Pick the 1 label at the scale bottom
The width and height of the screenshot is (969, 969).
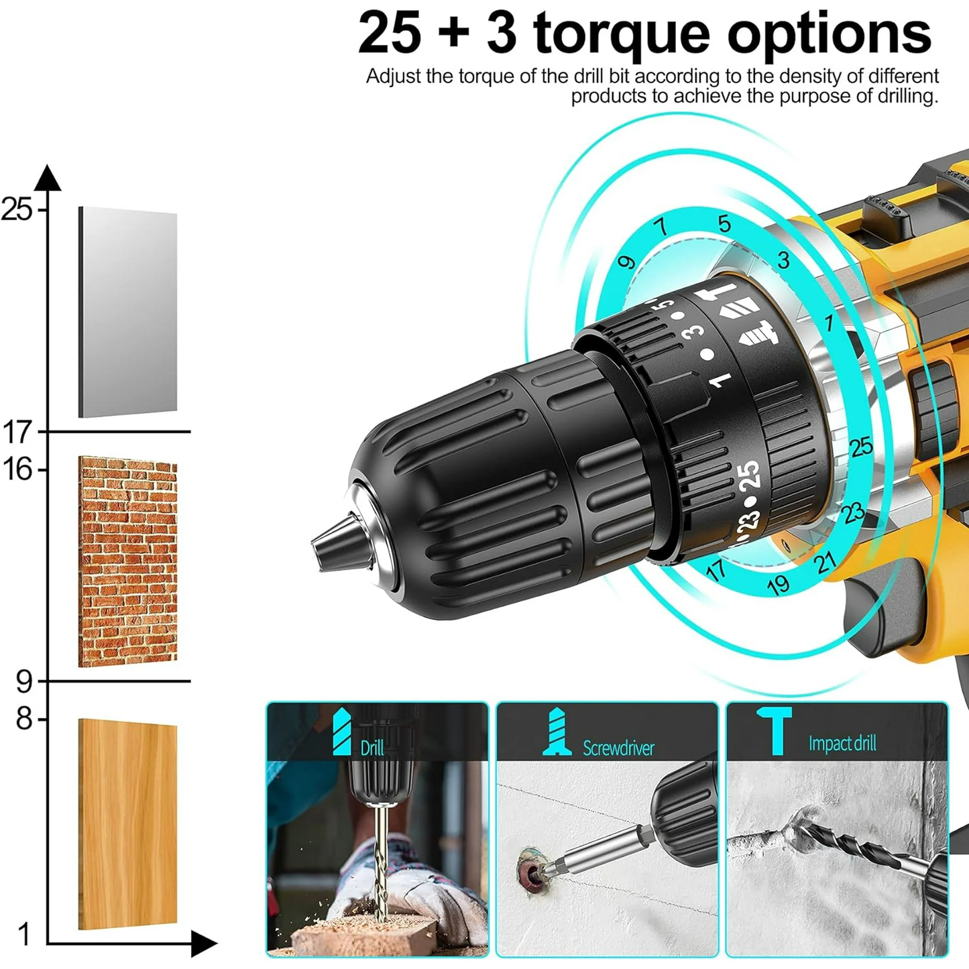pos(24,934)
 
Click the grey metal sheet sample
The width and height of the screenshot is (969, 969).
pos(128,312)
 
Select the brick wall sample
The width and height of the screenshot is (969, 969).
pos(128,562)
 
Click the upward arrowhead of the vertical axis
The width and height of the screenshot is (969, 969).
pos(48,177)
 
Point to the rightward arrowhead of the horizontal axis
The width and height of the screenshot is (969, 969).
pos(203,944)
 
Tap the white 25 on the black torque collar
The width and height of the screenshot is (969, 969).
pos(749,475)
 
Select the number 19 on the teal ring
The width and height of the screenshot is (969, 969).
pos(778,585)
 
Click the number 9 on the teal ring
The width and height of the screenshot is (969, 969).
pos(626,262)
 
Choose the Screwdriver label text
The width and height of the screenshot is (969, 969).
pos(618,748)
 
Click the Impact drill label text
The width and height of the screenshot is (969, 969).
pos(842,743)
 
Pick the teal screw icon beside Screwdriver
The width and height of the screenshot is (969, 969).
pos(557,732)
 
